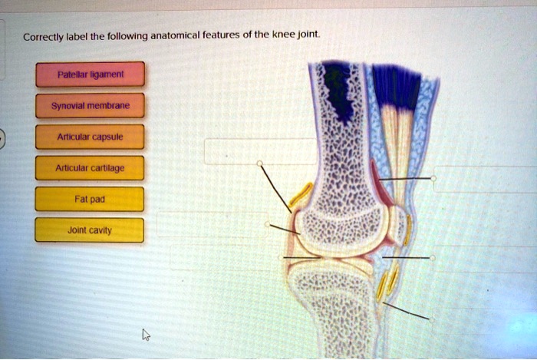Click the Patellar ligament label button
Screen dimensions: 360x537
[89, 74]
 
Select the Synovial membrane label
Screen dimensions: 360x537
[89, 105]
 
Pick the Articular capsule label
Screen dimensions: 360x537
[89, 137]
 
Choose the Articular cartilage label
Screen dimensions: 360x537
[89, 167]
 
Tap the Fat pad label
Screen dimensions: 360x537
[89, 199]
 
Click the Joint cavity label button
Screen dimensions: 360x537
[89, 230]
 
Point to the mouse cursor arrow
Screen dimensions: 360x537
[146, 335]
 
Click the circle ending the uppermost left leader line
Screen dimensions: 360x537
[260, 163]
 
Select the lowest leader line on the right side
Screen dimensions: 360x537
[407, 311]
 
